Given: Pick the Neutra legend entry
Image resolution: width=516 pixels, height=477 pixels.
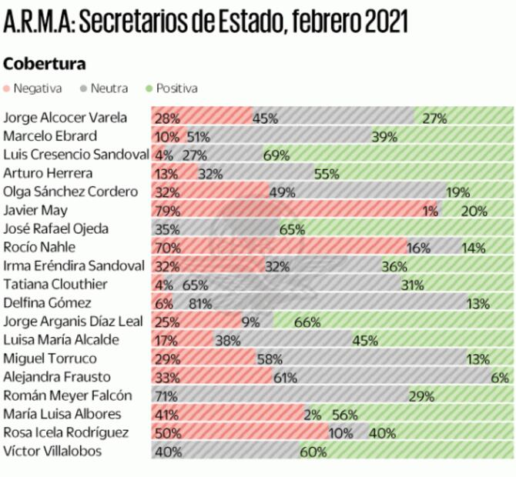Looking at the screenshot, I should point(104,88).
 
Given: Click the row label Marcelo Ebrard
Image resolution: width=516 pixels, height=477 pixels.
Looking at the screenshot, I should point(50,136).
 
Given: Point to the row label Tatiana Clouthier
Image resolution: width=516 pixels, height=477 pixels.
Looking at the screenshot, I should point(55,284).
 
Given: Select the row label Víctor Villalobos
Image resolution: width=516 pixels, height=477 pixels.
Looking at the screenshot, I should point(52,451).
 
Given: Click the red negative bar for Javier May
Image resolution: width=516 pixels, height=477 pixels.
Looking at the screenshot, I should point(293,211).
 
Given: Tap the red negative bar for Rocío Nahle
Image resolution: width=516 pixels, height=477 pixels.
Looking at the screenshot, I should point(277,248).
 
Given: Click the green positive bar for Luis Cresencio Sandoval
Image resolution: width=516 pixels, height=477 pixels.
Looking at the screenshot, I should point(385,155).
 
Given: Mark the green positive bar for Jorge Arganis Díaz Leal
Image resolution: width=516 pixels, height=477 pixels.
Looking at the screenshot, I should point(393,322).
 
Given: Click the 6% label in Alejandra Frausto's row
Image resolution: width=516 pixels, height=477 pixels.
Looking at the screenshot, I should point(501,377).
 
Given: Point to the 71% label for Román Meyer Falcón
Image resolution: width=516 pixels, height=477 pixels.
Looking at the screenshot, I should point(166,395).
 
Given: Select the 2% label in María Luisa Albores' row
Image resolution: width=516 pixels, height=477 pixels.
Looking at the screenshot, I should point(313,414).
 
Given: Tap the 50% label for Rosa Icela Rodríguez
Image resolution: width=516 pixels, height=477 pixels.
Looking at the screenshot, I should point(167,432).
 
